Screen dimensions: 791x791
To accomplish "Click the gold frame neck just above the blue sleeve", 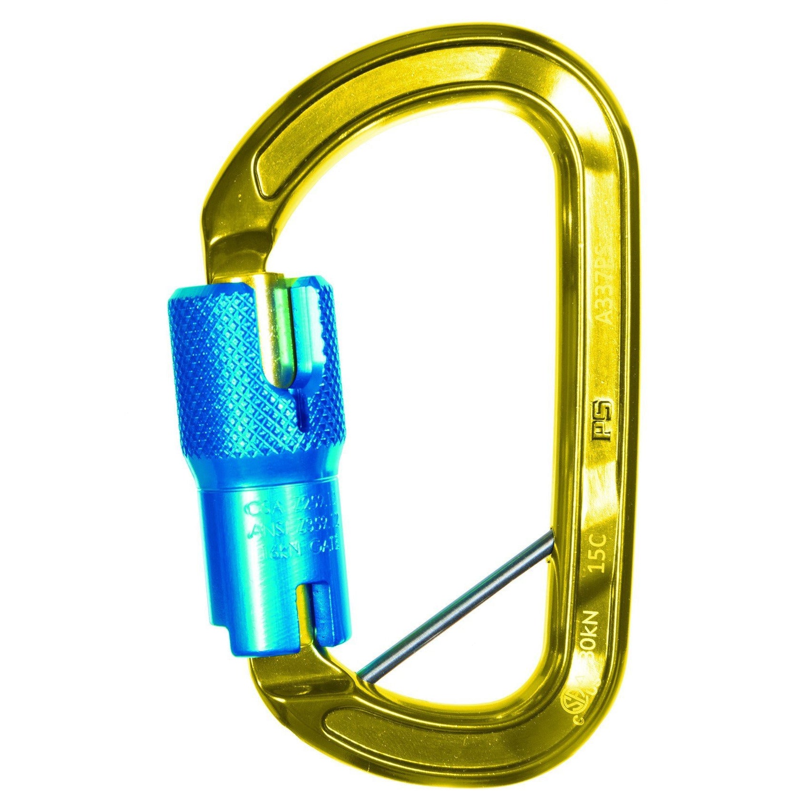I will point(229,248).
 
